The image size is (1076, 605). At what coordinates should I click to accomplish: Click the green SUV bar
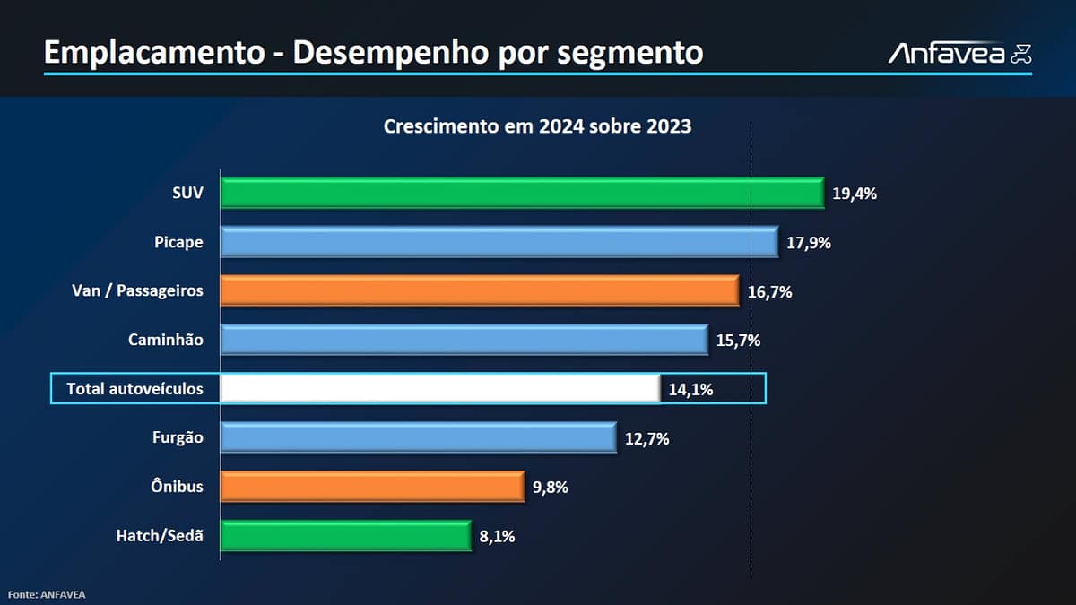[x=522, y=194]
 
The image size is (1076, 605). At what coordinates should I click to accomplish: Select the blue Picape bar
[x=499, y=242]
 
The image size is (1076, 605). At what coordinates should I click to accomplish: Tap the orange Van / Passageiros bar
[x=480, y=291]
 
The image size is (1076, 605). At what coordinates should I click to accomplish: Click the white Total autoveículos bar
[x=440, y=389]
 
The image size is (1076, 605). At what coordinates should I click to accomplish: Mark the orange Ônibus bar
[x=372, y=487]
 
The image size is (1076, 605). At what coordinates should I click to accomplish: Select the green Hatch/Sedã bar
[x=345, y=536]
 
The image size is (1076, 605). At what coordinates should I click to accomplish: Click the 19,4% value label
[x=855, y=194]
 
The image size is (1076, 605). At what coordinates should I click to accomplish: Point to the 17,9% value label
[x=808, y=243]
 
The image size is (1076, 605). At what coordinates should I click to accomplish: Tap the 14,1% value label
[x=690, y=390]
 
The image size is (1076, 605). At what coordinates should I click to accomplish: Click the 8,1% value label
[x=497, y=537]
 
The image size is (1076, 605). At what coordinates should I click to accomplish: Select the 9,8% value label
[x=551, y=488]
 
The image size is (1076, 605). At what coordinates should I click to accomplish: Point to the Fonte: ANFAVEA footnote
[x=47, y=594]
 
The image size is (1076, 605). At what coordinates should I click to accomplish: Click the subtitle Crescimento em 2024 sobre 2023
[x=537, y=126]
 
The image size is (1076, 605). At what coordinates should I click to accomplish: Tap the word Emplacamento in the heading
[x=152, y=53]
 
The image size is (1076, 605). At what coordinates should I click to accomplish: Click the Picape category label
[x=178, y=242]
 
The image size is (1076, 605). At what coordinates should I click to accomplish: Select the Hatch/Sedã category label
[x=160, y=536]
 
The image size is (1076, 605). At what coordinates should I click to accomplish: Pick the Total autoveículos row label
[x=134, y=389]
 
